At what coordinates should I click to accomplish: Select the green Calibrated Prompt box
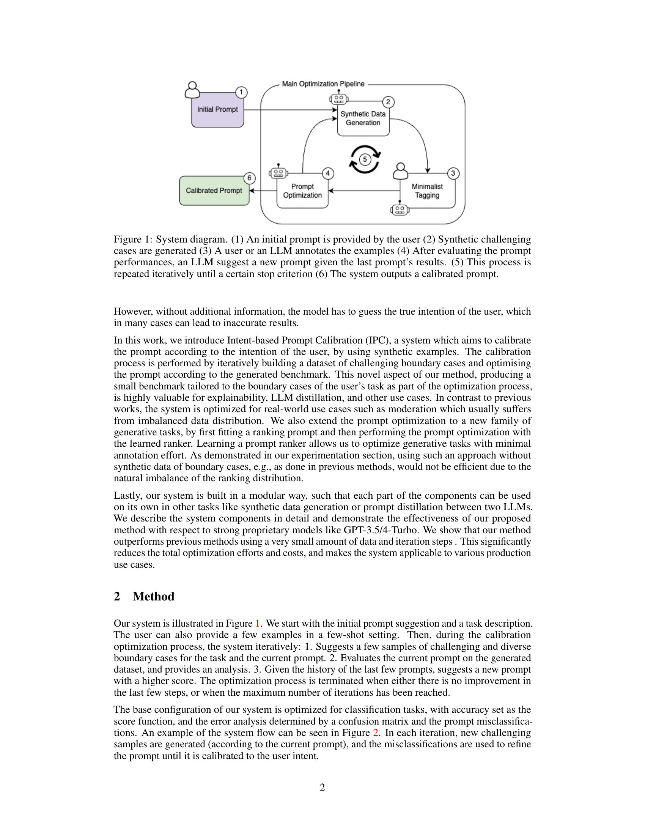pos(214,191)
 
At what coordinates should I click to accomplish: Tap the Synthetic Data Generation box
pos(363,118)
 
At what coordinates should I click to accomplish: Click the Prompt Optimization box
pos(302,191)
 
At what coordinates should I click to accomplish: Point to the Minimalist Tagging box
pos(427,191)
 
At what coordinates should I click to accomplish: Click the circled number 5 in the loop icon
pos(365,159)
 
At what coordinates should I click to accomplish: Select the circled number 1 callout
pos(241,93)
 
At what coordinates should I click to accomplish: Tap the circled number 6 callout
pos(250,178)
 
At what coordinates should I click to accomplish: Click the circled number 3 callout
pos(453,173)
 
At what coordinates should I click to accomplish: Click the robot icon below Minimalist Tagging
pos(400,210)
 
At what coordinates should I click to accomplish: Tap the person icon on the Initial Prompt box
pos(193,90)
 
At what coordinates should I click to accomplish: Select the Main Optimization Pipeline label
pos(323,84)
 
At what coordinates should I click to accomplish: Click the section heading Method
pos(153,596)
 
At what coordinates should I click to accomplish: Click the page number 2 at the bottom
pos(322,788)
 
